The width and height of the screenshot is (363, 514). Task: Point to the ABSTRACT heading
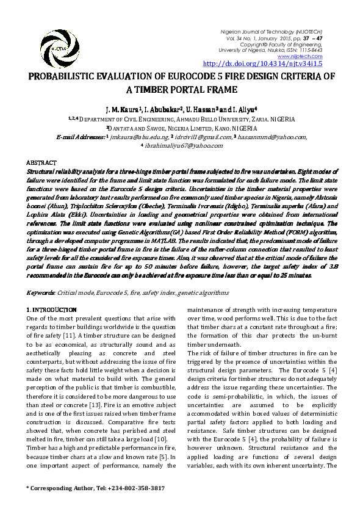pos(41,163)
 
